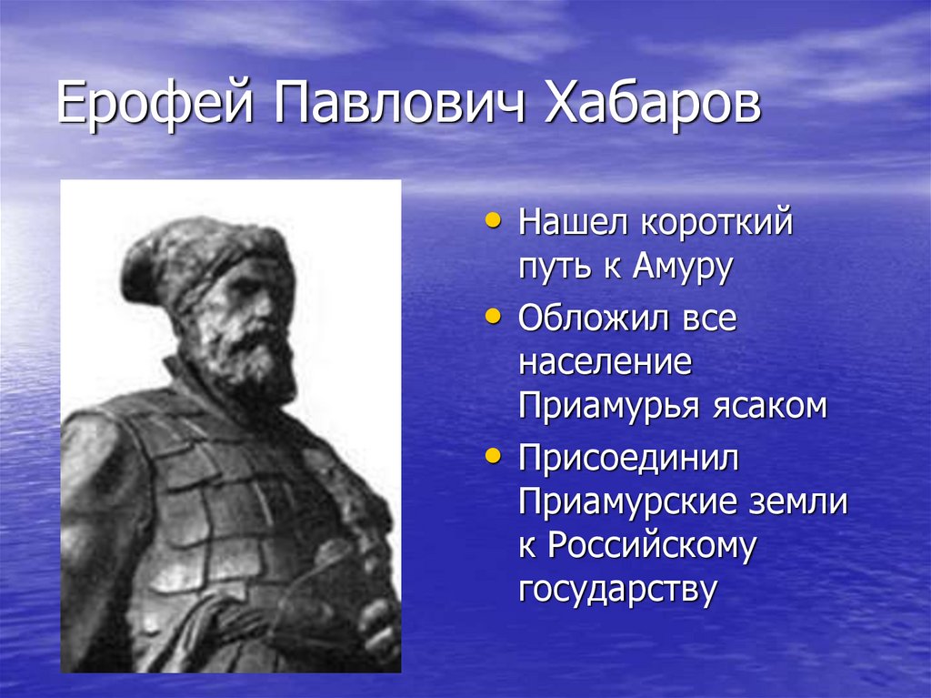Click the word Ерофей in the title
(155, 105)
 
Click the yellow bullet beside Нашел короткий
(492, 220)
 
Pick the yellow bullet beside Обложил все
(492, 317)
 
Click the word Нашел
(573, 222)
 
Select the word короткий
(716, 222)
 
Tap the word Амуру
(682, 268)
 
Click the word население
(605, 362)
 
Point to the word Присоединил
(629, 459)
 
